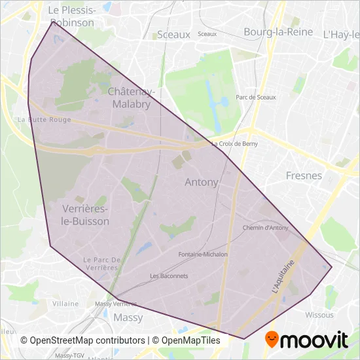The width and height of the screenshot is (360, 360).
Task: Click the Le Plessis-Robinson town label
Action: point(72,16)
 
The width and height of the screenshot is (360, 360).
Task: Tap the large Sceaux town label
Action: point(173,34)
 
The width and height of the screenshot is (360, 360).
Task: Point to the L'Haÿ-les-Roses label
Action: point(341,33)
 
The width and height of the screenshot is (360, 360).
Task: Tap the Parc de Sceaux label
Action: point(255,98)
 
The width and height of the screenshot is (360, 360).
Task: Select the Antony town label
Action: point(202,182)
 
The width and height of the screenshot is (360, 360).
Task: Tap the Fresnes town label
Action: point(304,175)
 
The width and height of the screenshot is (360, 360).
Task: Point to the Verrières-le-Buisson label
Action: point(85,215)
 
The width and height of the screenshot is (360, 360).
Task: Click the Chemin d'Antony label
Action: point(265,228)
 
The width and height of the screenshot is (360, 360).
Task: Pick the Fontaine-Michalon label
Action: point(203,255)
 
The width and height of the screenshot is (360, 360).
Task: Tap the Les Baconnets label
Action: point(169,276)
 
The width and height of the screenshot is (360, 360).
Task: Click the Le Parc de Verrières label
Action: point(100,264)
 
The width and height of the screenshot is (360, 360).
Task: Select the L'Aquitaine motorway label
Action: point(283,277)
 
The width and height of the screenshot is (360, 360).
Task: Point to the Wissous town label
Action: point(319,315)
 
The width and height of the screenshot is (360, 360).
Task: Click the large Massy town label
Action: point(128,317)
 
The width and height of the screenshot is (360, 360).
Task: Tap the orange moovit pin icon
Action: point(271,339)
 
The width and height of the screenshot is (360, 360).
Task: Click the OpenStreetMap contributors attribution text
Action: point(83,340)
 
